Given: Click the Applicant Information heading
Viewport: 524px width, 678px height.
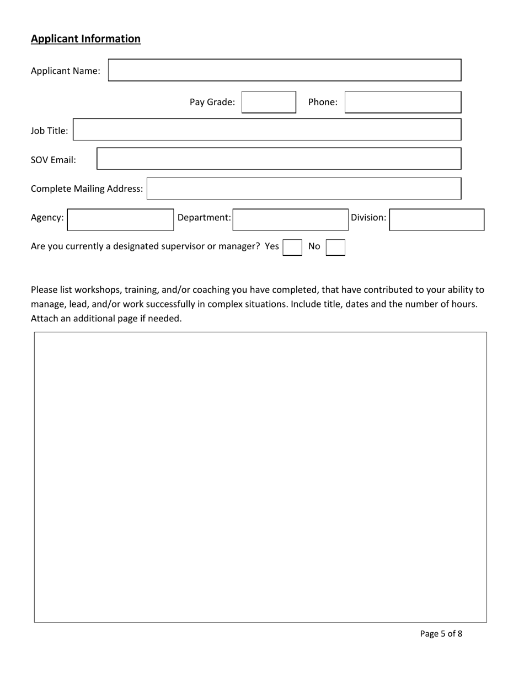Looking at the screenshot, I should coord(85,39).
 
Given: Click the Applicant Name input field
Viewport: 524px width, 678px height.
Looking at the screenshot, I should coord(284,71).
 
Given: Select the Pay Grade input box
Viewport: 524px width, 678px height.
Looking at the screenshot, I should coord(269,103).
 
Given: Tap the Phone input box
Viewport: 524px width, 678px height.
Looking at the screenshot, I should coord(403,103).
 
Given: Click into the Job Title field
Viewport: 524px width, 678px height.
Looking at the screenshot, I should coord(267,130).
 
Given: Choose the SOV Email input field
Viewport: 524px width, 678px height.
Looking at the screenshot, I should coord(279,159).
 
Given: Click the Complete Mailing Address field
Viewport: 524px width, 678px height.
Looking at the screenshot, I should coord(303,189).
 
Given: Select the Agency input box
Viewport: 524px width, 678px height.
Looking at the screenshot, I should coord(120,219).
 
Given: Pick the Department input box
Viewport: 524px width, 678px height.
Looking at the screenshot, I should coord(290,219).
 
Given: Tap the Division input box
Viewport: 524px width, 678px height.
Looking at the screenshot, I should coord(437,219).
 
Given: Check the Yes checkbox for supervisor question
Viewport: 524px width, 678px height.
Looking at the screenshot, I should coord(292,247).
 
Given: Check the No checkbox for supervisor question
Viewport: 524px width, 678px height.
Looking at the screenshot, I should coord(335,247).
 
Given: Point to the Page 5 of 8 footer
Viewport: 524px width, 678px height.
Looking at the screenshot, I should coord(441,634).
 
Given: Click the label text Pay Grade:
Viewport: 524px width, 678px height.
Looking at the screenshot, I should coord(212,102).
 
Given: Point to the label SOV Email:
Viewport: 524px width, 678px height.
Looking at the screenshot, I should coord(54,160).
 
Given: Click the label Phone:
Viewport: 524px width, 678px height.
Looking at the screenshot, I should coord(323,102).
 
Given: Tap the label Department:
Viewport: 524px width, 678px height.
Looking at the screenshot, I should coord(204,218).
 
